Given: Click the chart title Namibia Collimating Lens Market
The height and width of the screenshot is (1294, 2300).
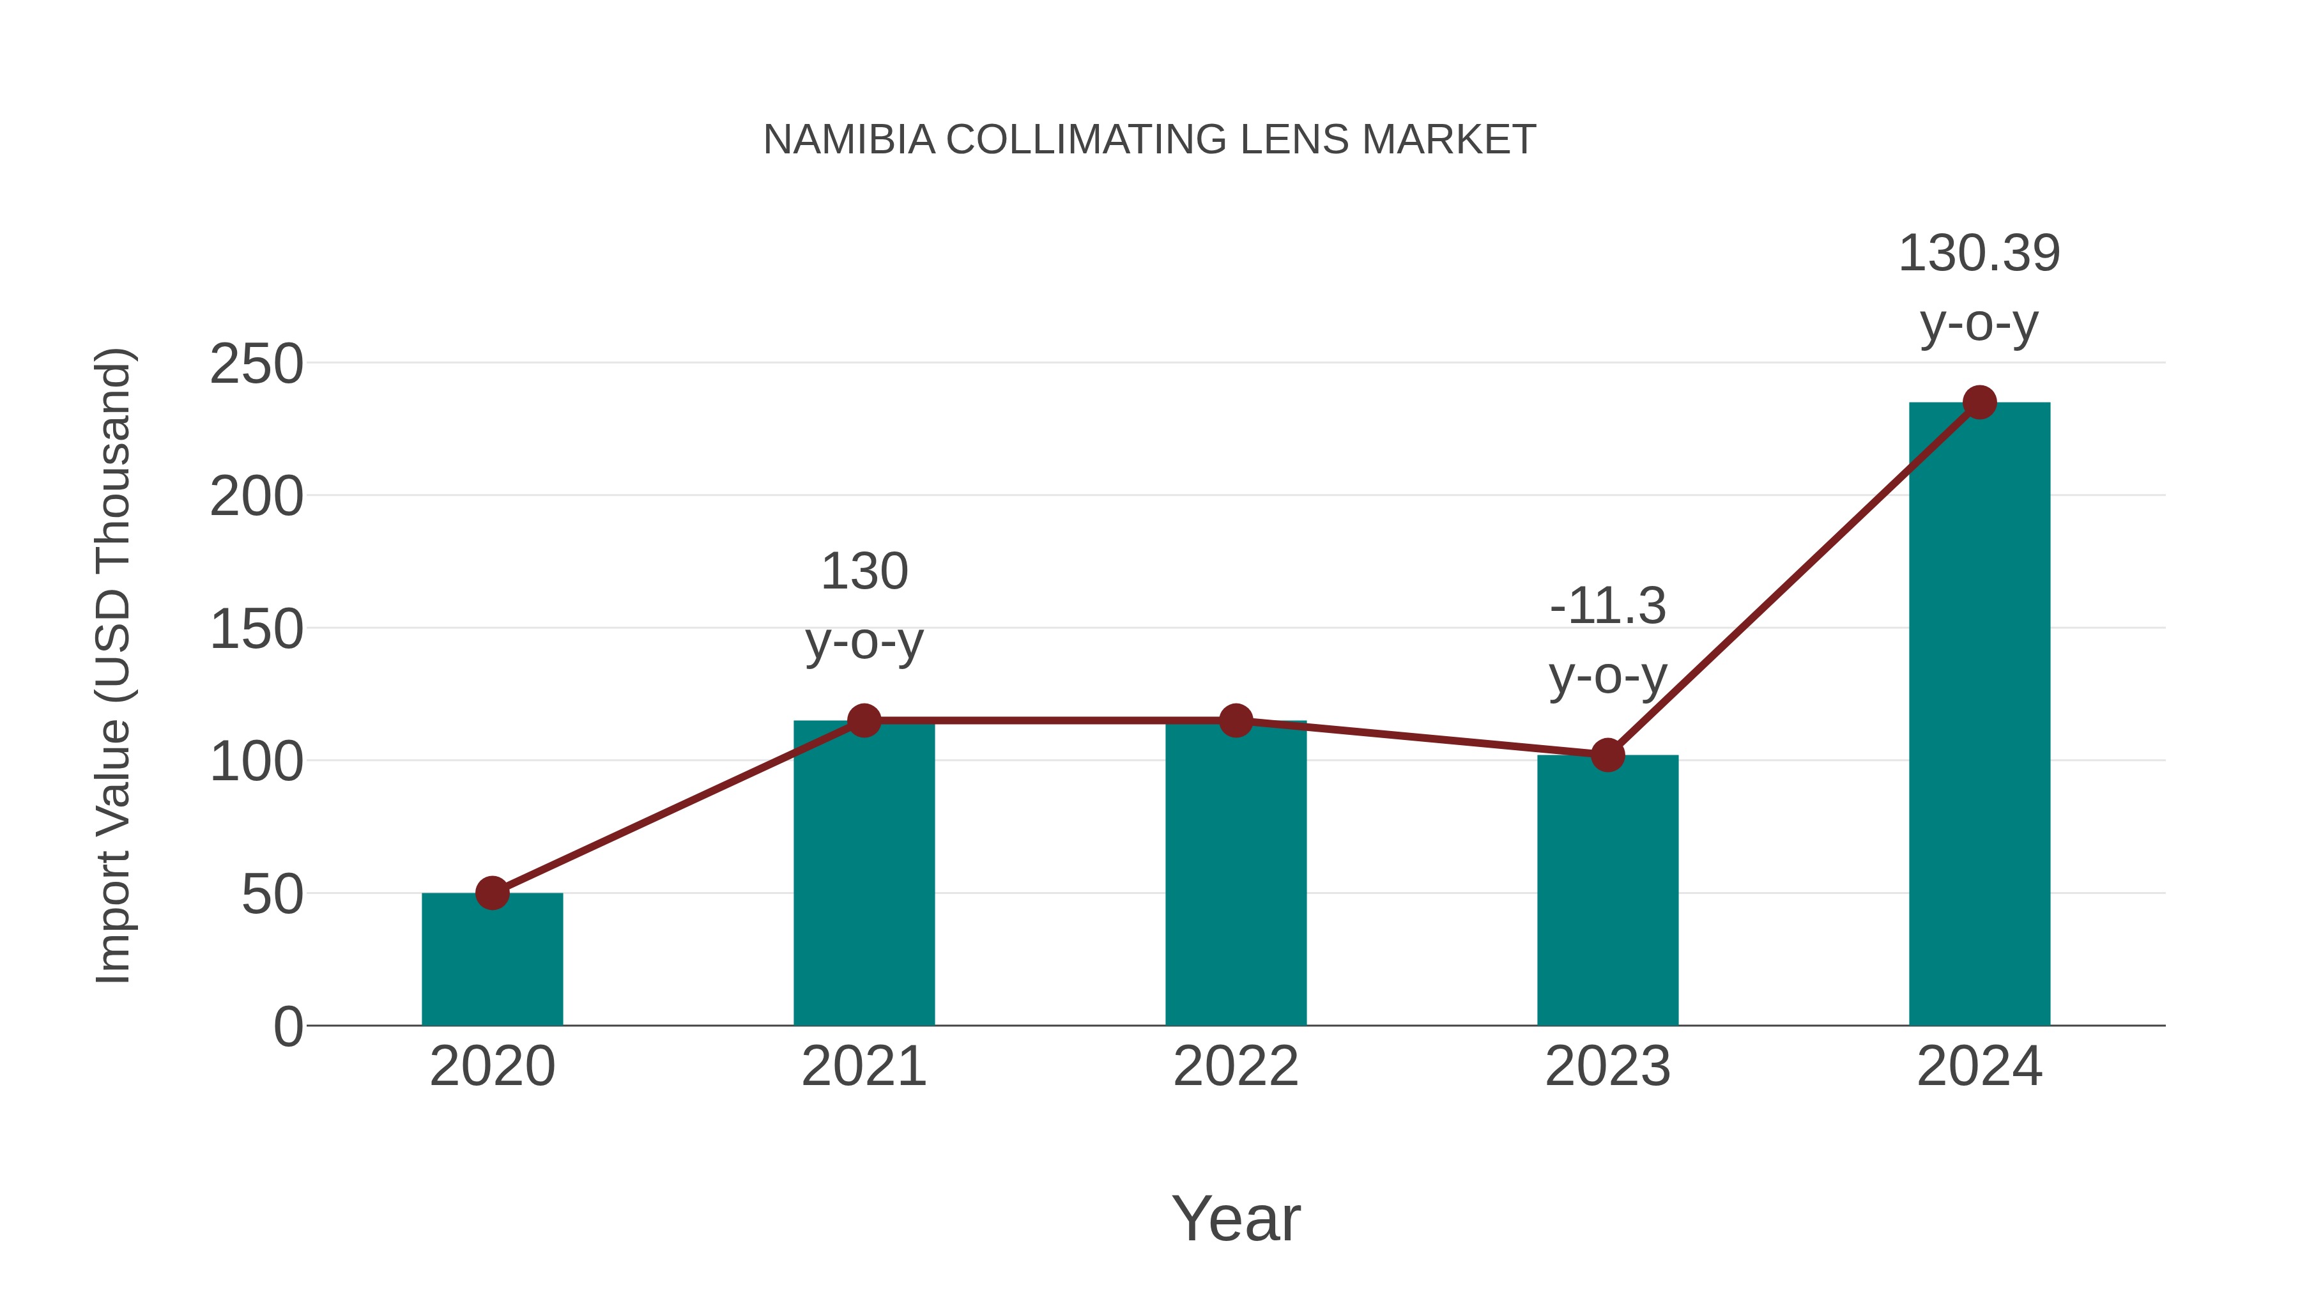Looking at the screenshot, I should pyautogui.click(x=1149, y=140).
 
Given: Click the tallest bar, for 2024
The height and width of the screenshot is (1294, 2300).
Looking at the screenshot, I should pyautogui.click(x=1979, y=714).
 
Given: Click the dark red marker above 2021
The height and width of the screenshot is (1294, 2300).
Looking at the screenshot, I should pyautogui.click(x=863, y=721).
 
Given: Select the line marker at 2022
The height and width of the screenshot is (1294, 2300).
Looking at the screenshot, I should pyautogui.click(x=1236, y=721).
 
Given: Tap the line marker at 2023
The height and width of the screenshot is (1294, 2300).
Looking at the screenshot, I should pyautogui.click(x=1607, y=755).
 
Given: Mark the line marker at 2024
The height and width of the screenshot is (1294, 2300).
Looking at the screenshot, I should pyautogui.click(x=1979, y=403).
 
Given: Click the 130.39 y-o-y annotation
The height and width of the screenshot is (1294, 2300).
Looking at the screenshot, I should pyautogui.click(x=1979, y=288).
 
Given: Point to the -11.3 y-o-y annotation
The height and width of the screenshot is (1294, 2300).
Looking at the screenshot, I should pyautogui.click(x=1607, y=640).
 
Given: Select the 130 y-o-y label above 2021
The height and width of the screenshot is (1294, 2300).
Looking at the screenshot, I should pyautogui.click(x=863, y=606).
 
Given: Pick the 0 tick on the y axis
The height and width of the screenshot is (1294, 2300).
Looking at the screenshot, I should pyautogui.click(x=287, y=1027).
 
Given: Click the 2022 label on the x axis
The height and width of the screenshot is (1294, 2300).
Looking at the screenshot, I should pyautogui.click(x=1236, y=1067).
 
